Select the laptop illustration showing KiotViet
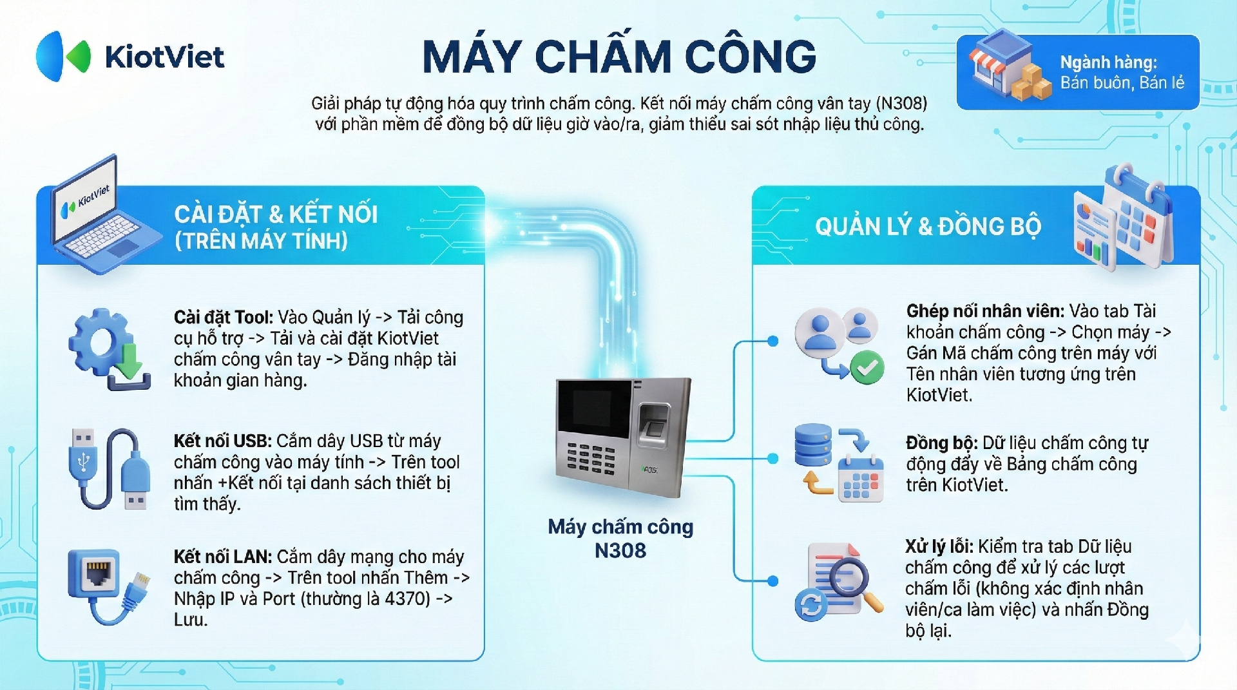[103, 213]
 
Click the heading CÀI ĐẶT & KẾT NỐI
[276, 214]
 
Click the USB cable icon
[108, 469]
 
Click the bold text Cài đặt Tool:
[224, 317]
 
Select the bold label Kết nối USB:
[222, 441]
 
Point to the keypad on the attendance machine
[590, 458]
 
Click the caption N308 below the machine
[620, 551]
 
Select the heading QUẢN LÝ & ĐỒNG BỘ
[928, 226]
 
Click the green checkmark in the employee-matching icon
[867, 367]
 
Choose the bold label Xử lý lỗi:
[939, 546]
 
